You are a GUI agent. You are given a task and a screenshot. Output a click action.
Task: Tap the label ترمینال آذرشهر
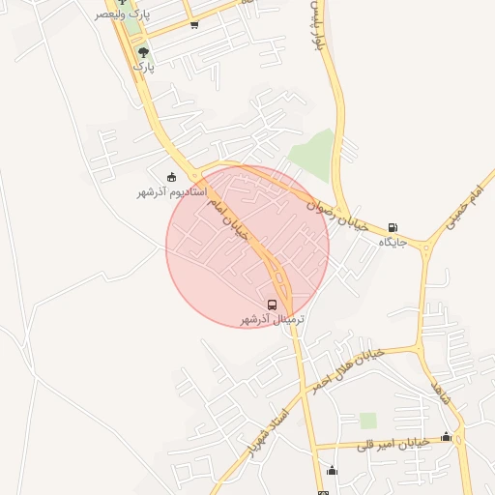click(273, 319)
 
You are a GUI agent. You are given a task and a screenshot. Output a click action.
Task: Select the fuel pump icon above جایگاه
click(392, 228)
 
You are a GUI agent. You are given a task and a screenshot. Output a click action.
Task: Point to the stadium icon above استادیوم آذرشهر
click(172, 177)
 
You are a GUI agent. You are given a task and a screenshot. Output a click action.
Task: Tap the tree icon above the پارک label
click(143, 52)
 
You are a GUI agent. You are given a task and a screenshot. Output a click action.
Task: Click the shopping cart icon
click(194, 25)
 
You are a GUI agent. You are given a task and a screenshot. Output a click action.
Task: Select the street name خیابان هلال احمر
click(346, 369)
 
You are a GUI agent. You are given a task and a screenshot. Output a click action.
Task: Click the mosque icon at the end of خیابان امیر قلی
click(446, 437)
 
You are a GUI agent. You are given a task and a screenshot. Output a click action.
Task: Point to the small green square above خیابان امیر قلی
click(367, 421)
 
